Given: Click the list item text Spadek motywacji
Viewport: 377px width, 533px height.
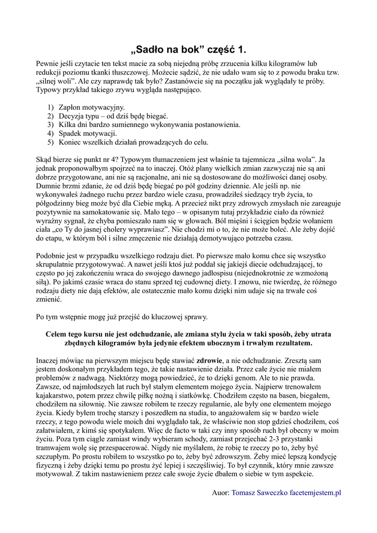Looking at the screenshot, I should click(88, 133).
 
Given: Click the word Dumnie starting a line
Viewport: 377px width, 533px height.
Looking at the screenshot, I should click(49, 177).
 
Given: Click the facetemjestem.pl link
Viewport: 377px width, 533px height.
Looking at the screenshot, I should click(316, 492).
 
